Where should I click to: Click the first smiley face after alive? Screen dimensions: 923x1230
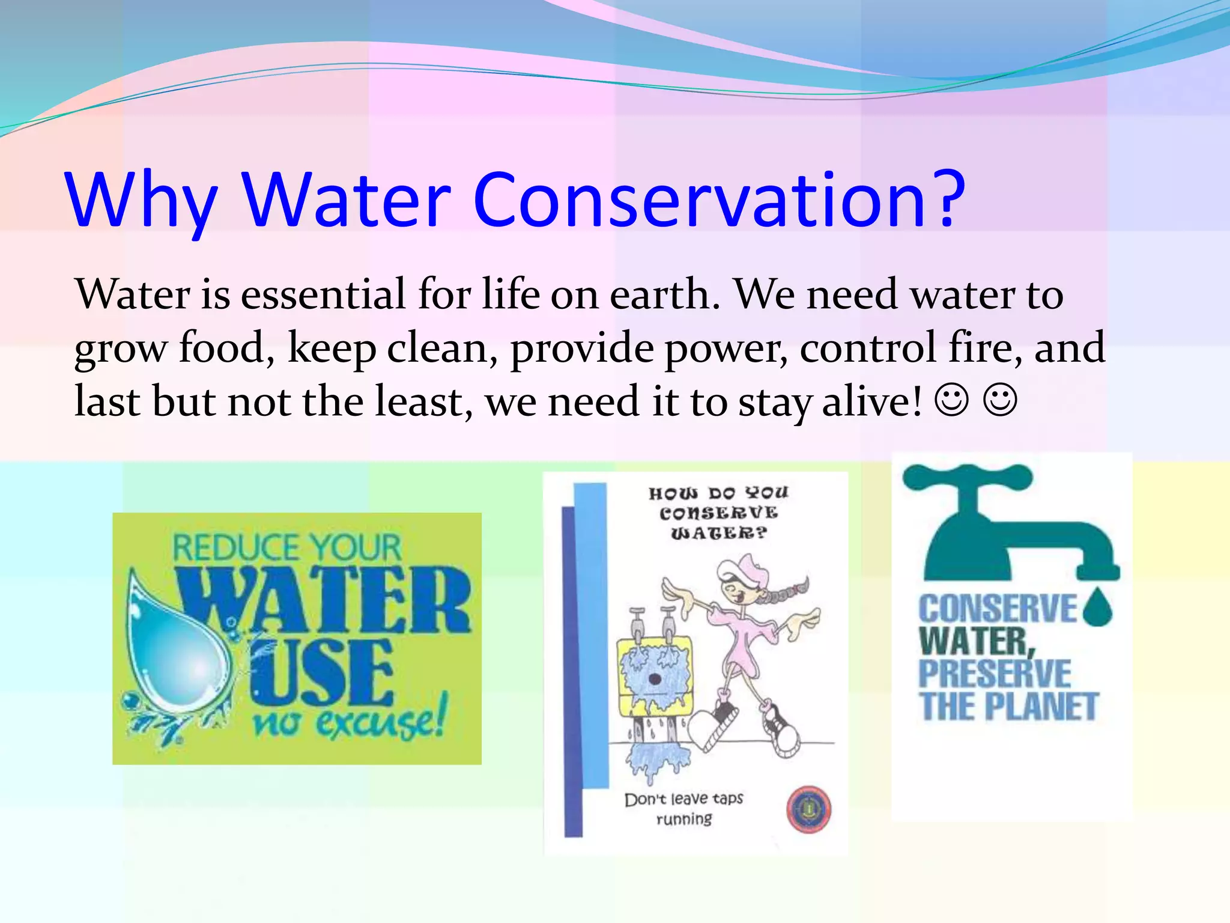952,401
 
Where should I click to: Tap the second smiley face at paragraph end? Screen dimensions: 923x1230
1000,401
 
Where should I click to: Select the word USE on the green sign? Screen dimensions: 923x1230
321,673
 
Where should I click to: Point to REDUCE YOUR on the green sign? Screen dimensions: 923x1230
286,547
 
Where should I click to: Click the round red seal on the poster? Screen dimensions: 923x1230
808,809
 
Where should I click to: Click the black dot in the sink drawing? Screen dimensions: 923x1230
655,680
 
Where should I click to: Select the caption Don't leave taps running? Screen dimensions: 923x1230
684,808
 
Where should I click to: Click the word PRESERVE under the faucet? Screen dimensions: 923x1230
995,674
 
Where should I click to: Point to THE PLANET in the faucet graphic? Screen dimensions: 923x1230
1009,707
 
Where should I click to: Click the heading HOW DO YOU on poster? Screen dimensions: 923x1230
718,493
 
